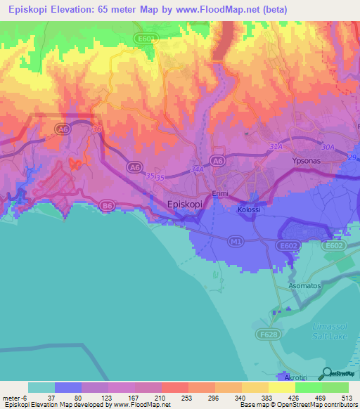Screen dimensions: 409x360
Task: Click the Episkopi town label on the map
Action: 186,204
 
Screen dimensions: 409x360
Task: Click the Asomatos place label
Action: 305,287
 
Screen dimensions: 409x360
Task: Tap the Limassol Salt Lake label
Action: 333,337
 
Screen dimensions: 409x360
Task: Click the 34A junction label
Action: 197,169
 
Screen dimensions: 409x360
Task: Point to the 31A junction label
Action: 275,146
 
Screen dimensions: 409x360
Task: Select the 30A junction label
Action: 328,146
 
